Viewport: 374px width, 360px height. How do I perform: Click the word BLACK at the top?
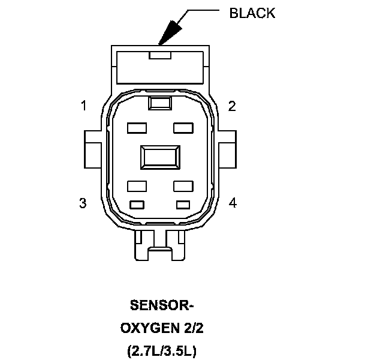click(x=252, y=13)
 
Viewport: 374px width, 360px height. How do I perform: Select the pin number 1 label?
click(x=84, y=106)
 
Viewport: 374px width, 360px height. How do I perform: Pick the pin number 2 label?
click(x=232, y=106)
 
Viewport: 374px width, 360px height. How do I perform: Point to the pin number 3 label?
click(x=83, y=203)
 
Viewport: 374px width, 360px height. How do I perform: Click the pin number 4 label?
click(x=233, y=203)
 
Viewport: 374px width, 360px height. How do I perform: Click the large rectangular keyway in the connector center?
click(x=159, y=157)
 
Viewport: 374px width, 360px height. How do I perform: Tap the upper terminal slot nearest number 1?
click(x=137, y=128)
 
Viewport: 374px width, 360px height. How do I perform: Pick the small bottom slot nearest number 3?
click(x=137, y=204)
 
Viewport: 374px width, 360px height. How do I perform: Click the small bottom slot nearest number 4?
click(x=182, y=204)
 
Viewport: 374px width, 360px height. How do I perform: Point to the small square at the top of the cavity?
click(x=159, y=103)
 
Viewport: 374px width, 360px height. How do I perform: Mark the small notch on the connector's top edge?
click(x=160, y=55)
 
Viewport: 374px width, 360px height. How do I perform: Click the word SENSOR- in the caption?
click(x=162, y=305)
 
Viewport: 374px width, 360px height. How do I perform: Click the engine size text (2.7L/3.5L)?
click(x=162, y=350)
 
